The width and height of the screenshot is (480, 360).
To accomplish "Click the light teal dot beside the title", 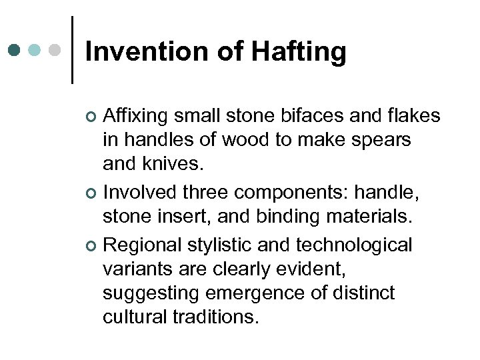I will (x=35, y=50).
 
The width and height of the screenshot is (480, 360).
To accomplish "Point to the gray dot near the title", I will (x=56, y=50).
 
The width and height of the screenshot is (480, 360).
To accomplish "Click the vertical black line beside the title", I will (x=72, y=50).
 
